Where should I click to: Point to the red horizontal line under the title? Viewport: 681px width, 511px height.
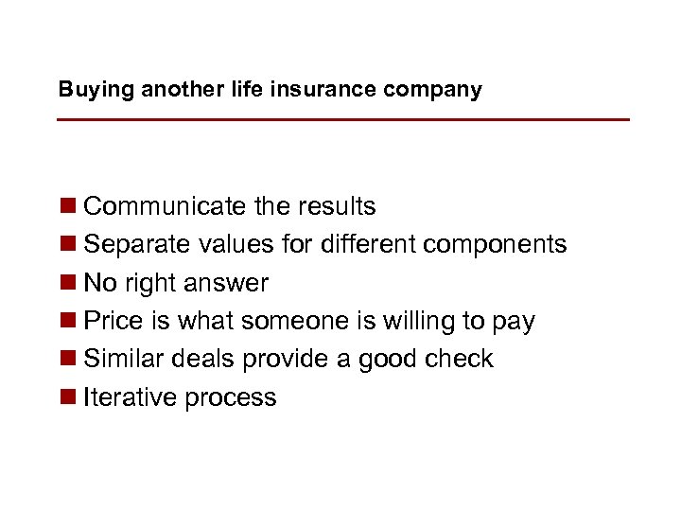point(342,120)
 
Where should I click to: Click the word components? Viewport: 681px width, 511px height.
point(495,245)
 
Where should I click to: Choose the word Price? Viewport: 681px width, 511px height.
point(113,322)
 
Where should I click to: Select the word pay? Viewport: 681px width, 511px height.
point(513,324)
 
